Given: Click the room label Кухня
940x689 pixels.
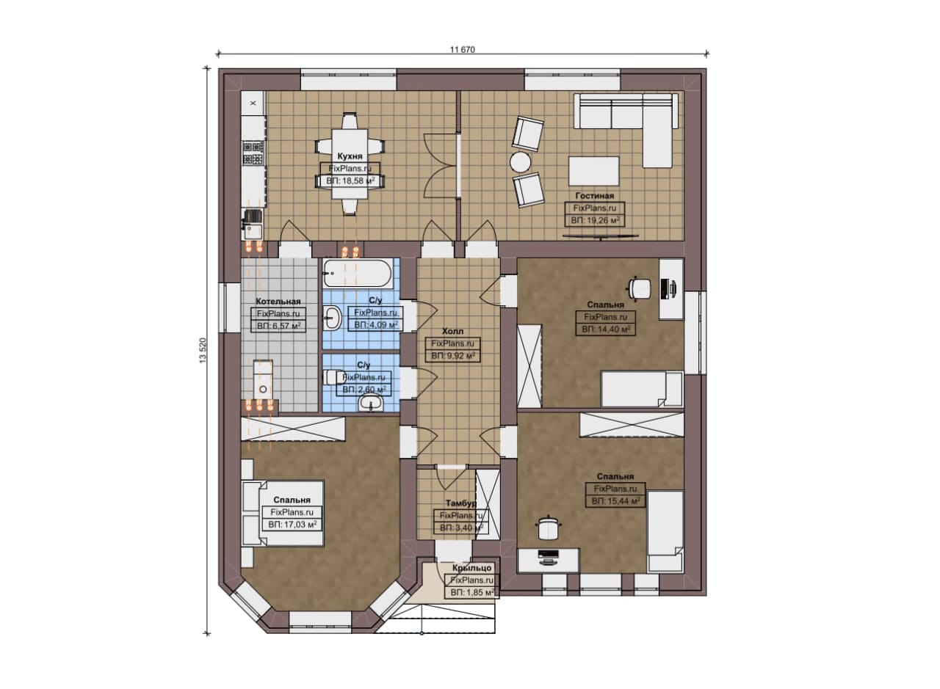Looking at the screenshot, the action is coord(350,156).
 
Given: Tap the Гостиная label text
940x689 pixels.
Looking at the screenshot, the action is coord(594,196).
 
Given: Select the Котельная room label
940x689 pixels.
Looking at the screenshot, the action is coord(278,302).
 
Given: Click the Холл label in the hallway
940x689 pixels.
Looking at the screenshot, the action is coord(453,331).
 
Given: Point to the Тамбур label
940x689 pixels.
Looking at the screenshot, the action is coord(460,503).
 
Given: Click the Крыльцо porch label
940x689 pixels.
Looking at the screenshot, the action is coord(471,568).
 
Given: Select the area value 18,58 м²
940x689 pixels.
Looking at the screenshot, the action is coord(350,181).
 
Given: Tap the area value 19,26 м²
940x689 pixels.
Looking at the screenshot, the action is coord(595,220).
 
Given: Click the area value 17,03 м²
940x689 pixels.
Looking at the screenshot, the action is coord(292,525).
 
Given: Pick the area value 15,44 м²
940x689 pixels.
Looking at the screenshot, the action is coord(615,501).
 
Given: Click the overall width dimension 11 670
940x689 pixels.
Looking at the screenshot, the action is coord(463,49).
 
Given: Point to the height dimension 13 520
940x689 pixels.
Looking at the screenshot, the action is coord(203,350).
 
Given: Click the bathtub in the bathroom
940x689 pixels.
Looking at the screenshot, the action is coord(358,274).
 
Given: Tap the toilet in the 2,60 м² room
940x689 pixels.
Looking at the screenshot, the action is coord(333,377).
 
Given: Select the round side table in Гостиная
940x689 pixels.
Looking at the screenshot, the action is coord(521,162).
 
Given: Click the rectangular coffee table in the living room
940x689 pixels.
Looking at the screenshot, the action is coord(594,171).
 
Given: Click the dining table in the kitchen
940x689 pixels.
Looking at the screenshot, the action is coord(350,164).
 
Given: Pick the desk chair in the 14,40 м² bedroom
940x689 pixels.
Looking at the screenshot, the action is coord(639,289).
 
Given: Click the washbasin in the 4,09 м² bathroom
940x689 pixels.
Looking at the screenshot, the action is coord(333,318).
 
